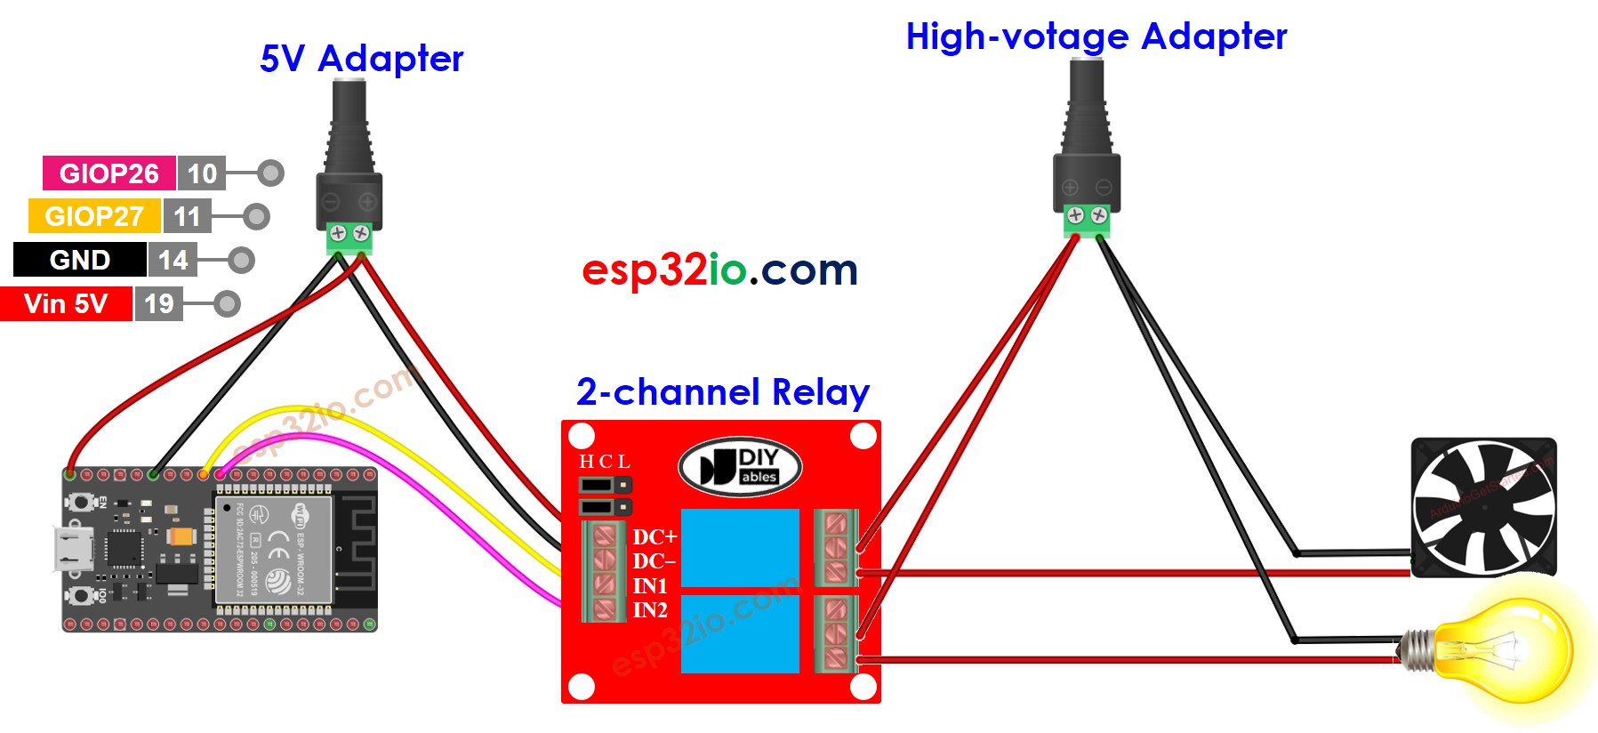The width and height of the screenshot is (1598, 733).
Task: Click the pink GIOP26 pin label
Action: coord(108,173)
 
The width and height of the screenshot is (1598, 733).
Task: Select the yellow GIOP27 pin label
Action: coord(94,216)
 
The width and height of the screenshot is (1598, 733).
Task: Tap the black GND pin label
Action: coord(80,260)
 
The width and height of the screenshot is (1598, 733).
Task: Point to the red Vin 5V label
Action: coord(66,303)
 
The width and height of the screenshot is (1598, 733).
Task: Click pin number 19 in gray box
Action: coord(159,303)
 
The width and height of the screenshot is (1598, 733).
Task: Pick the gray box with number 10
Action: coord(202,173)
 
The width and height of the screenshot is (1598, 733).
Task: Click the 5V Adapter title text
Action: coord(361,59)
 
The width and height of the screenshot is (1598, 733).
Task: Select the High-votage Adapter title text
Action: coord(1096,36)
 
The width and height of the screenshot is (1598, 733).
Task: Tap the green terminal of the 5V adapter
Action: coord(349,235)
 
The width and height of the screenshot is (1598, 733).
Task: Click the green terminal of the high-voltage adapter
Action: coord(1087,217)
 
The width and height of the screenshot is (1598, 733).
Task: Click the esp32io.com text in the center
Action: coord(719,270)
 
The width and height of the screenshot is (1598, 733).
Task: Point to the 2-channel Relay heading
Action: coord(722,392)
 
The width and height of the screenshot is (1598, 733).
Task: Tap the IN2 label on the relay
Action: coord(650,610)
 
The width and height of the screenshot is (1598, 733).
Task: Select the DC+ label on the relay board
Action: coord(654,536)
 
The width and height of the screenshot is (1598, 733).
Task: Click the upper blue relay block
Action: coord(740,547)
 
